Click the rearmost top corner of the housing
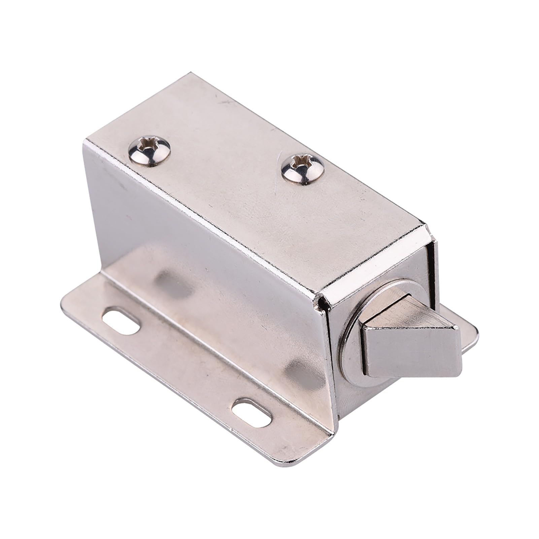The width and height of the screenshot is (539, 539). (x=191, y=73)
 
